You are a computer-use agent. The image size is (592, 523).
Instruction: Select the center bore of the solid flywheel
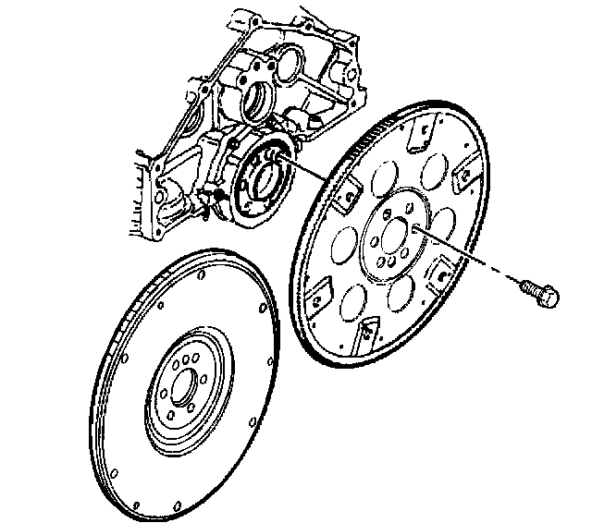(185, 387)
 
